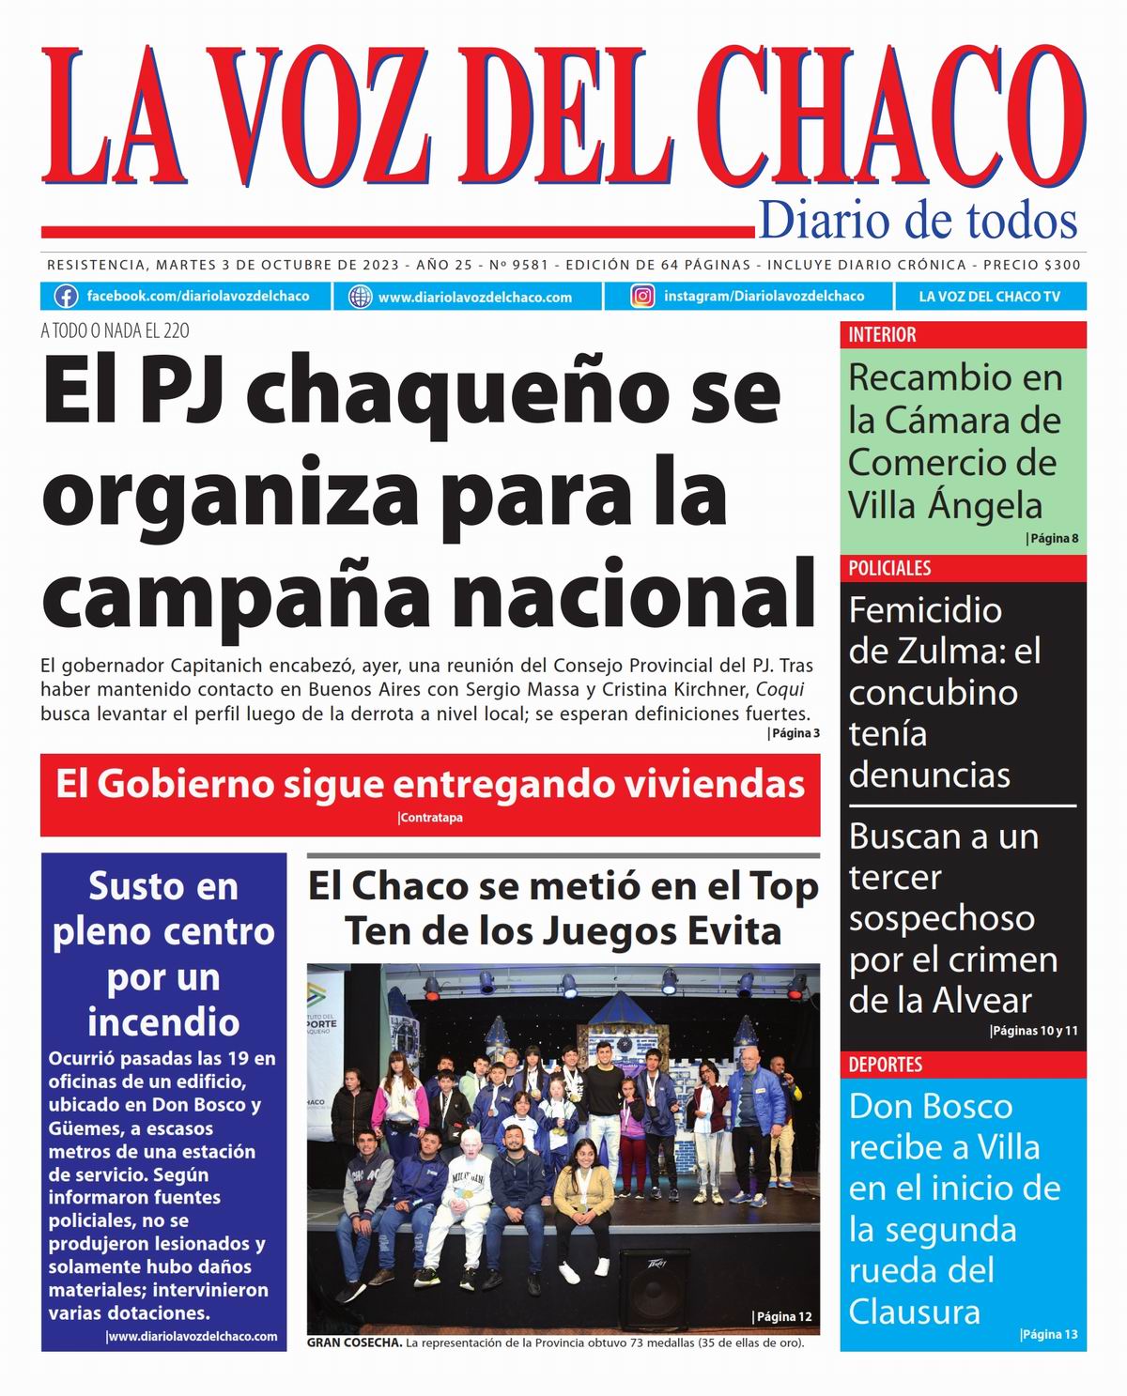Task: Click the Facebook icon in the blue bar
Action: (66, 297)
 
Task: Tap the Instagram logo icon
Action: (642, 297)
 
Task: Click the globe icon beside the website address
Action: (360, 297)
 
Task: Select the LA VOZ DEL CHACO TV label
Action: (989, 297)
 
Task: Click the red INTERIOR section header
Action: (882, 335)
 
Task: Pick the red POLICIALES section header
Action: (889, 568)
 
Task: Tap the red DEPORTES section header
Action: (885, 1065)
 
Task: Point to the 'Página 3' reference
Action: (794, 733)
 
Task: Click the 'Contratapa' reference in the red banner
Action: (431, 818)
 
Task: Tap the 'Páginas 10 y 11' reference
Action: (1034, 1031)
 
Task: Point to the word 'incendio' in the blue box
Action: (163, 1022)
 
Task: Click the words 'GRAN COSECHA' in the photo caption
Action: (354, 1343)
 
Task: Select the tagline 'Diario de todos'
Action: (917, 221)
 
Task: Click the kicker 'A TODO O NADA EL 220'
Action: (115, 330)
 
